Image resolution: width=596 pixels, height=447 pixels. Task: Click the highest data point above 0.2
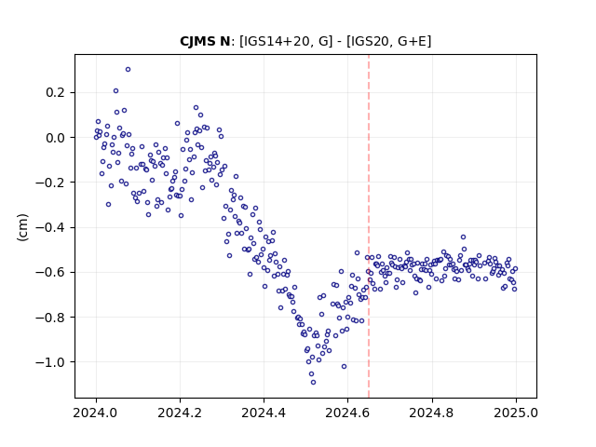pyautogui.click(x=129, y=69)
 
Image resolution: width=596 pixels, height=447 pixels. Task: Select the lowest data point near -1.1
pyautogui.click(x=313, y=382)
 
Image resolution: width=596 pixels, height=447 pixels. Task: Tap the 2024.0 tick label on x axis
pyautogui.click(x=96, y=413)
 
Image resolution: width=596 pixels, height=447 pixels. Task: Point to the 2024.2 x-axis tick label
pyautogui.click(x=180, y=413)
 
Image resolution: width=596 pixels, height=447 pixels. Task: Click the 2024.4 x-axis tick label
pyautogui.click(x=264, y=413)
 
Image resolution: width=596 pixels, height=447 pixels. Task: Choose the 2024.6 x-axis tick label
pyautogui.click(x=347, y=413)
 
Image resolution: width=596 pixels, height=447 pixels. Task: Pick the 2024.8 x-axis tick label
pyautogui.click(x=431, y=413)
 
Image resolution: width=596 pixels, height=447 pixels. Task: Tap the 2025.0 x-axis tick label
pyautogui.click(x=516, y=413)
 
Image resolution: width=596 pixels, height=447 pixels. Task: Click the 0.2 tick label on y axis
pyautogui.click(x=55, y=92)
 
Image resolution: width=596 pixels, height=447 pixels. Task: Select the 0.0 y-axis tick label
pyautogui.click(x=55, y=138)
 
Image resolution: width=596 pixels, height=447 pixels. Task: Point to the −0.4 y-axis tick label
pyautogui.click(x=49, y=227)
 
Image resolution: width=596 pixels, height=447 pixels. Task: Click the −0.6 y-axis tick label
pyautogui.click(x=49, y=272)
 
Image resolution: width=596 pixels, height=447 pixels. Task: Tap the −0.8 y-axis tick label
pyautogui.click(x=49, y=317)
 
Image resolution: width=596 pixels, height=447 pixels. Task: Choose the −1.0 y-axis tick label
pyautogui.click(x=49, y=362)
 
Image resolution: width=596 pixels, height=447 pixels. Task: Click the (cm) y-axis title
pyautogui.click(x=22, y=227)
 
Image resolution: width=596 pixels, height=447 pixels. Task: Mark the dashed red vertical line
pyautogui.click(x=369, y=226)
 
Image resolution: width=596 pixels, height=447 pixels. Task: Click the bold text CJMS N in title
pyautogui.click(x=205, y=41)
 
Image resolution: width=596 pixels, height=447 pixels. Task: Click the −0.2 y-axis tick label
pyautogui.click(x=49, y=183)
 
